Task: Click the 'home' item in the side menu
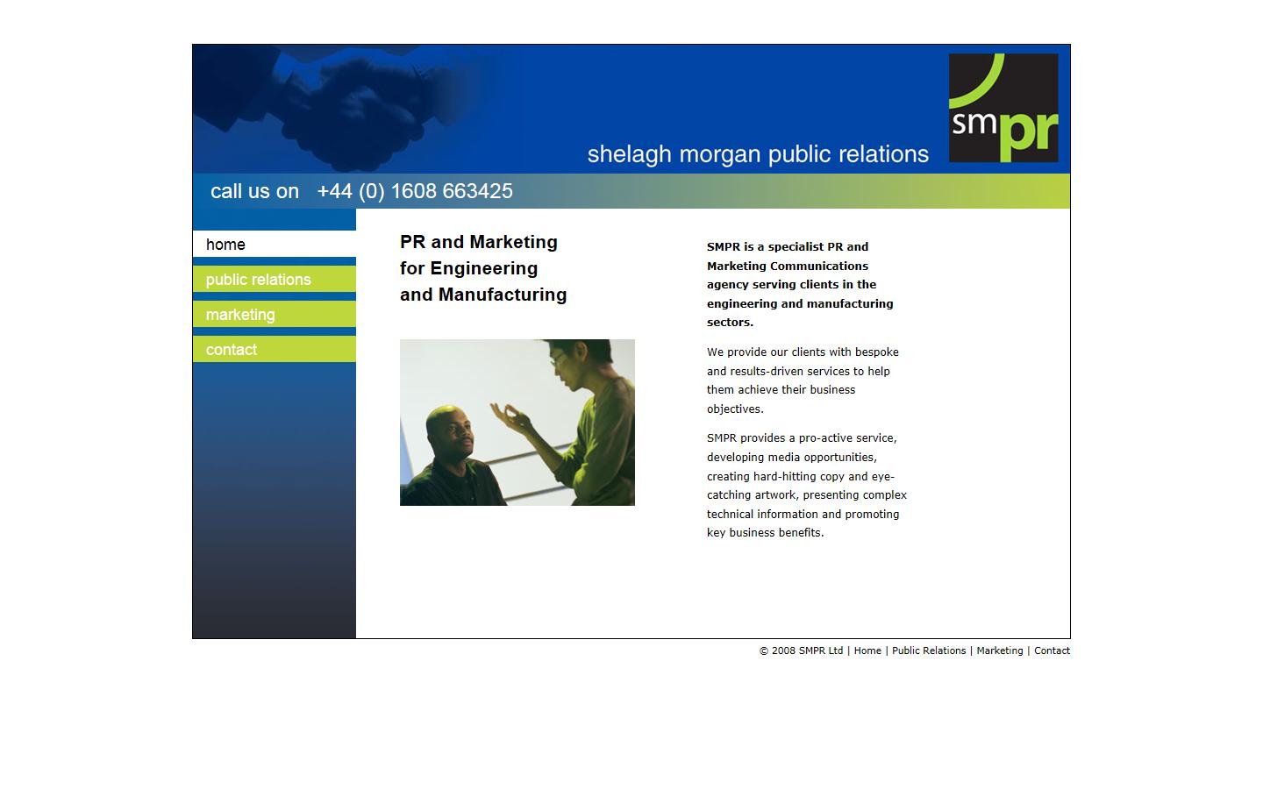[x=225, y=245]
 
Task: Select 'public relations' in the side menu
[x=258, y=280]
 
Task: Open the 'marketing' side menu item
[x=240, y=315]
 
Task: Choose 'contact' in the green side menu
[x=232, y=350]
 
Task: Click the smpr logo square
[x=1003, y=108]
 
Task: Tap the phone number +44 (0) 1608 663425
[x=415, y=191]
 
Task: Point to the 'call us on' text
[x=254, y=191]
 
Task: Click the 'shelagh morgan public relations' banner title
[x=758, y=154]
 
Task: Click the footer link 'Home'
[x=867, y=650]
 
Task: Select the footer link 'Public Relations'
[x=929, y=650]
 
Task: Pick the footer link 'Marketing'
[x=1000, y=650]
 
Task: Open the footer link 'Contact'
[x=1052, y=650]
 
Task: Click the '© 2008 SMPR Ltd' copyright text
[x=801, y=650]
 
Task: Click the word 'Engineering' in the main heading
[x=484, y=268]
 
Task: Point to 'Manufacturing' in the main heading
[x=503, y=295]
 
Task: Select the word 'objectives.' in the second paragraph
[x=735, y=409]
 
